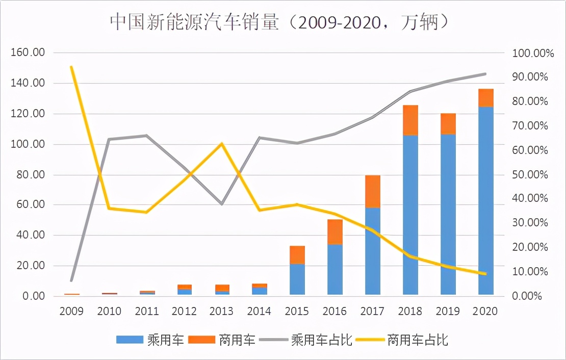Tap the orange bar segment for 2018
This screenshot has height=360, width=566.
(x=410, y=120)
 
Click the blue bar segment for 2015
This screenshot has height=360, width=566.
(x=297, y=279)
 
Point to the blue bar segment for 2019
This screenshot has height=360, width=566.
(x=448, y=214)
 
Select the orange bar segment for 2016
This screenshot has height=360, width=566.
(x=335, y=232)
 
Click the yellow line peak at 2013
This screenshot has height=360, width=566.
(x=222, y=144)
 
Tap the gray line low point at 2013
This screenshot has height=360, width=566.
(x=222, y=204)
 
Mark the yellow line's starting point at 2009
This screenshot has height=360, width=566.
(x=71, y=67)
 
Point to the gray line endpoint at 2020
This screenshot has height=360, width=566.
(x=485, y=74)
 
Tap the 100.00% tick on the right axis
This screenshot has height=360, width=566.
(x=529, y=53)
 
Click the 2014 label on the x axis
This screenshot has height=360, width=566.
(x=260, y=311)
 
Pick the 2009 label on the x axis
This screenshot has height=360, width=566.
(x=71, y=311)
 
